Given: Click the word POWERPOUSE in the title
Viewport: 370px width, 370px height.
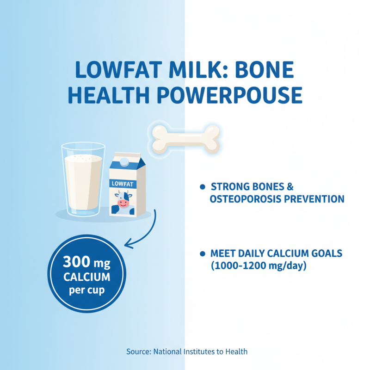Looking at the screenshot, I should [230, 94].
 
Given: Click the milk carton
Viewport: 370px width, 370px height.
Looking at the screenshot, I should [127, 187].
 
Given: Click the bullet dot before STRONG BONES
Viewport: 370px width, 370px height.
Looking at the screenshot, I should [202, 187].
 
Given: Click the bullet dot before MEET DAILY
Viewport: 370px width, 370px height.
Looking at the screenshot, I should [202, 253].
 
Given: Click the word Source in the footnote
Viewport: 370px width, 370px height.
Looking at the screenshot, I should [138, 351].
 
